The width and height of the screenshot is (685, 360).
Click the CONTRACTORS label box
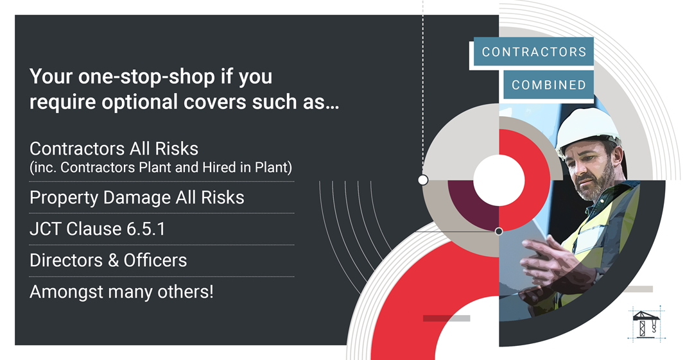(533, 51)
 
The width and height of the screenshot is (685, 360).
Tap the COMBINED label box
(549, 84)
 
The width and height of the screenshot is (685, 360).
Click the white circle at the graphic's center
(499, 180)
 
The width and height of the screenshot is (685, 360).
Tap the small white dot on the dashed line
(423, 180)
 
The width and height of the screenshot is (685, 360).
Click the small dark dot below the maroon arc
(499, 231)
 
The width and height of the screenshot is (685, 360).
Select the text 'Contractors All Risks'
(114, 149)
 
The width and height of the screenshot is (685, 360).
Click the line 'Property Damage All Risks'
(137, 198)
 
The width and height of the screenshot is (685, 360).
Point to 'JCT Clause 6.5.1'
(98, 229)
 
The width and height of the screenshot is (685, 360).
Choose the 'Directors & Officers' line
(108, 261)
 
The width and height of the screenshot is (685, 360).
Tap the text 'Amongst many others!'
(121, 292)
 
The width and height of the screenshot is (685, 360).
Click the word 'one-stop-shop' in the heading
(147, 77)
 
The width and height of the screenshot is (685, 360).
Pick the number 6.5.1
(146, 229)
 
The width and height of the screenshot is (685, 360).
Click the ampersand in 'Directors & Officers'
(113, 261)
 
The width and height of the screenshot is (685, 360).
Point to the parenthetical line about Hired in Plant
(160, 167)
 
